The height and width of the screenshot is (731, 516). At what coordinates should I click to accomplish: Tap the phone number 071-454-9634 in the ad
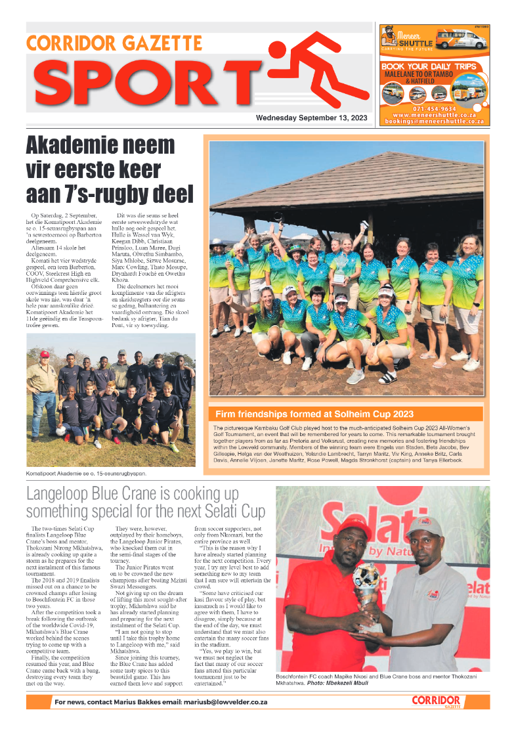(x=434, y=108)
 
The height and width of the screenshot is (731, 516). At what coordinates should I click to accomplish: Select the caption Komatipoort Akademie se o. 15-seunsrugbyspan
(x=86, y=473)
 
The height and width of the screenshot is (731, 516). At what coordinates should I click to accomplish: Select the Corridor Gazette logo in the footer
(x=436, y=701)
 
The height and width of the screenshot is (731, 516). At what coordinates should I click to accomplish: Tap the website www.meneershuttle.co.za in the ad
(x=434, y=115)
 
